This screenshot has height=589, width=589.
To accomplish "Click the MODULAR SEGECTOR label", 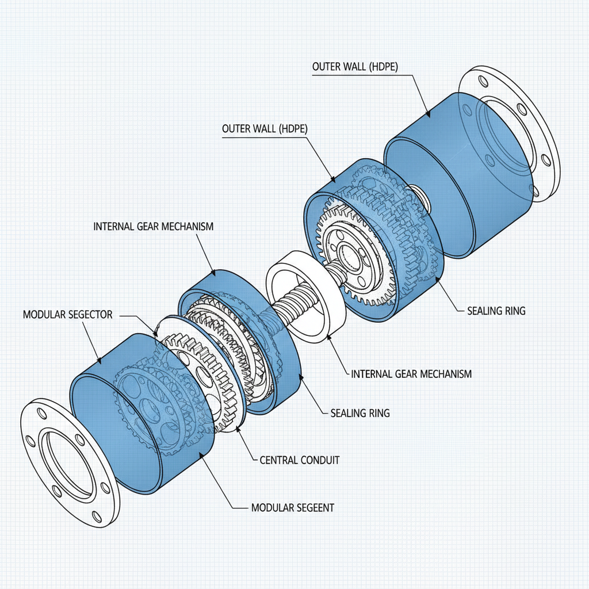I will coord(67,315).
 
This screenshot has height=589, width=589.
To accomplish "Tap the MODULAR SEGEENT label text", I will coord(293,508).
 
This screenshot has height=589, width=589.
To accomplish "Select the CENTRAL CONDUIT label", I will coord(300,460).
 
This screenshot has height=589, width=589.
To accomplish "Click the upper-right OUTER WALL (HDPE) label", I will coord(355,67).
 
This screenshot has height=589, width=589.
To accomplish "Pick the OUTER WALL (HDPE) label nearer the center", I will coord(265,129).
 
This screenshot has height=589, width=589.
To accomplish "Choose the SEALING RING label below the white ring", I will coord(360,413).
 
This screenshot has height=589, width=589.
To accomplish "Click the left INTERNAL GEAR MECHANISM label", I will coord(153,226).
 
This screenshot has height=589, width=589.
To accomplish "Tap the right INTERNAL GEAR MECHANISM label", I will coord(411,374).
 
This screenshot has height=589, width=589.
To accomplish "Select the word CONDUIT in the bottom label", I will coord(319,460).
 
